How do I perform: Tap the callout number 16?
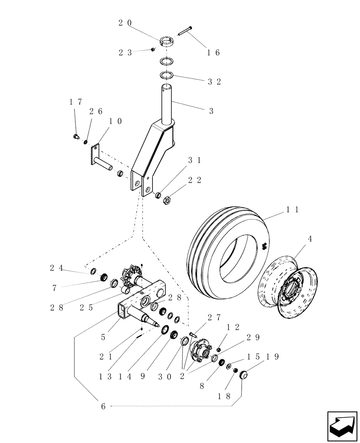tap(213, 52)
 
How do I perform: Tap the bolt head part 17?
tap(75, 137)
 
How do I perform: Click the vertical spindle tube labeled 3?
tap(167, 104)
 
